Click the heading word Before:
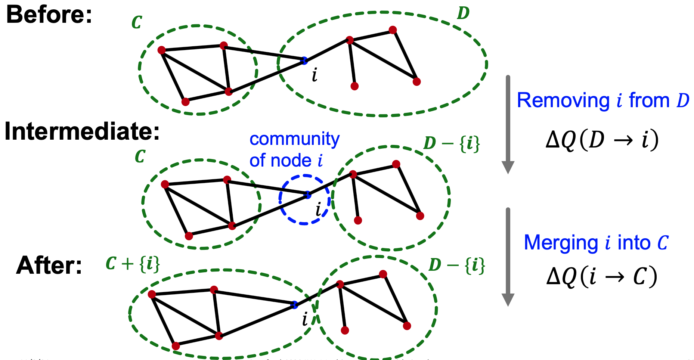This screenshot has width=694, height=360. click(49, 15)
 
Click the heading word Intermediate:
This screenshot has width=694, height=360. click(82, 132)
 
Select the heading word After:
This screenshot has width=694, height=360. click(49, 266)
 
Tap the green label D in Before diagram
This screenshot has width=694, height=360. click(463, 13)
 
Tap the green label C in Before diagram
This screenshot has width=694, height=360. click(136, 23)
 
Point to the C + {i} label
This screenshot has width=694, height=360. click(133, 264)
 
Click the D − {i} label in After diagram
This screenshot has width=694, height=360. click(456, 265)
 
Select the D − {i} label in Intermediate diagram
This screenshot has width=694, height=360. click(451, 143)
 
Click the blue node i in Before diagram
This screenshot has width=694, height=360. click(304, 60)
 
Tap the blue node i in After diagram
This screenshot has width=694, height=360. click(294, 305)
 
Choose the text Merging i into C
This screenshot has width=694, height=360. click(596, 243)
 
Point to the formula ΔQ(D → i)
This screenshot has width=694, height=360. click(602, 140)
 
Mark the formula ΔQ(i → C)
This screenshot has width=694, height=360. click(601, 277)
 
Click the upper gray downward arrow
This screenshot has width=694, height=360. click(508, 123)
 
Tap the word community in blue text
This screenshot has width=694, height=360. click(294, 139)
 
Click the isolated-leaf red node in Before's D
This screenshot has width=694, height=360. click(354, 86)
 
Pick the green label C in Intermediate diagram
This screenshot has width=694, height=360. click(140, 156)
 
